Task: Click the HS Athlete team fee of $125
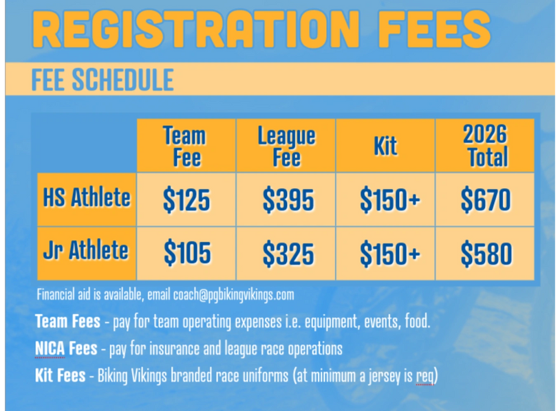pyautogui.click(x=186, y=200)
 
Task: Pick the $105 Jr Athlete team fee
pyautogui.click(x=187, y=253)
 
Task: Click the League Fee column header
pyautogui.click(x=286, y=146)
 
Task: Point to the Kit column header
pyautogui.click(x=385, y=146)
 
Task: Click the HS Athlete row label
pyautogui.click(x=87, y=197)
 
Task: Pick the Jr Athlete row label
pyautogui.click(x=86, y=249)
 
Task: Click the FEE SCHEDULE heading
pyautogui.click(x=103, y=80)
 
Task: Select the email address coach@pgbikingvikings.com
pyautogui.click(x=234, y=295)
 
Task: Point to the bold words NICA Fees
pyautogui.click(x=66, y=348)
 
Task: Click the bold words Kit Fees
pyautogui.click(x=61, y=375)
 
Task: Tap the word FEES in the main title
pyautogui.click(x=435, y=29)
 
